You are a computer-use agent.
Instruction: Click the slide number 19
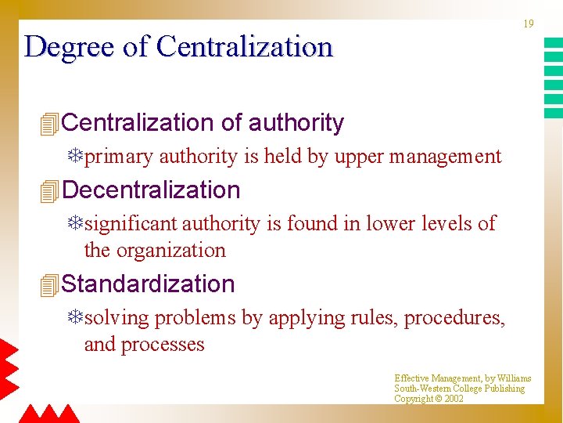click(529, 24)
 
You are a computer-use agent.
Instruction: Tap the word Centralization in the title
click(245, 47)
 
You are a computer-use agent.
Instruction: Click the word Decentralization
click(151, 190)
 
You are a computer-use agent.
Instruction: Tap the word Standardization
click(148, 284)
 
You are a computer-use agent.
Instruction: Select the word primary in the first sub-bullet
click(118, 157)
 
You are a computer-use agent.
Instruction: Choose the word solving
click(117, 318)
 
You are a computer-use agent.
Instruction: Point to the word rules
click(373, 318)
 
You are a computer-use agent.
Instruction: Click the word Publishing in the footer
click(505, 389)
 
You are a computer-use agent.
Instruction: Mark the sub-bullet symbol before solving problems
click(75, 317)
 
